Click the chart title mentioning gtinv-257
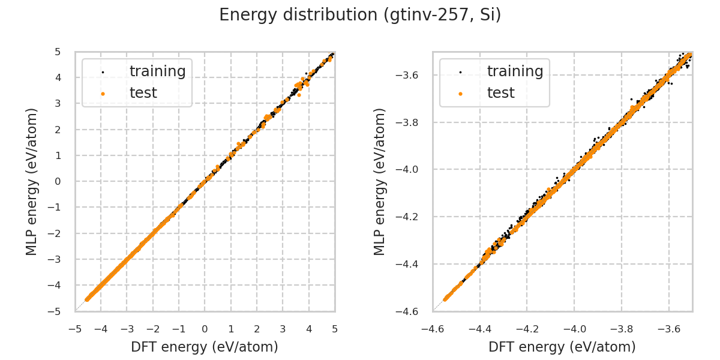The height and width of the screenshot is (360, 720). pos(360,15)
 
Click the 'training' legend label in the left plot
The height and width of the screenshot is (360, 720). pos(157,71)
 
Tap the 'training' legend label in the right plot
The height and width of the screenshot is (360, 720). pos(515,71)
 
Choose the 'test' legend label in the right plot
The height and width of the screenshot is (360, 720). pos(500,93)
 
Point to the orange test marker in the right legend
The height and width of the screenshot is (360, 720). pos(460,94)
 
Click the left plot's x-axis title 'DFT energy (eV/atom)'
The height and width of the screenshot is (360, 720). pos(205,347)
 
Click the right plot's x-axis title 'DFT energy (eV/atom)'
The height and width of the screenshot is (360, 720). pos(562,347)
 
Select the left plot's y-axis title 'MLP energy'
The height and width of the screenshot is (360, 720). pos(32,181)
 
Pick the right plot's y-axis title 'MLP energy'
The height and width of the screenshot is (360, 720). pos(380,181)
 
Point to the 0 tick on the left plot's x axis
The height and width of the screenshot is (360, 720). pos(205,329)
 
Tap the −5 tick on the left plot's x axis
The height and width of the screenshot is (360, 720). pos(75,329)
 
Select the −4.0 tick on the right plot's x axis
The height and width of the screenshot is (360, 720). pos(574,329)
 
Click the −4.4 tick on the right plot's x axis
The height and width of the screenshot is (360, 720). pos(480,329)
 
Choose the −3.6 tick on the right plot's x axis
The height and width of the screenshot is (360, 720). pos(668,329)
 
